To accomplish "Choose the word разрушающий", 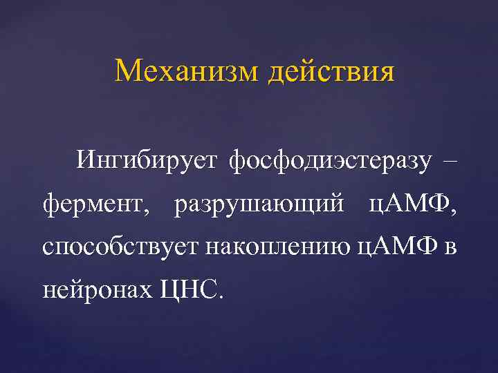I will (259, 204).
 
